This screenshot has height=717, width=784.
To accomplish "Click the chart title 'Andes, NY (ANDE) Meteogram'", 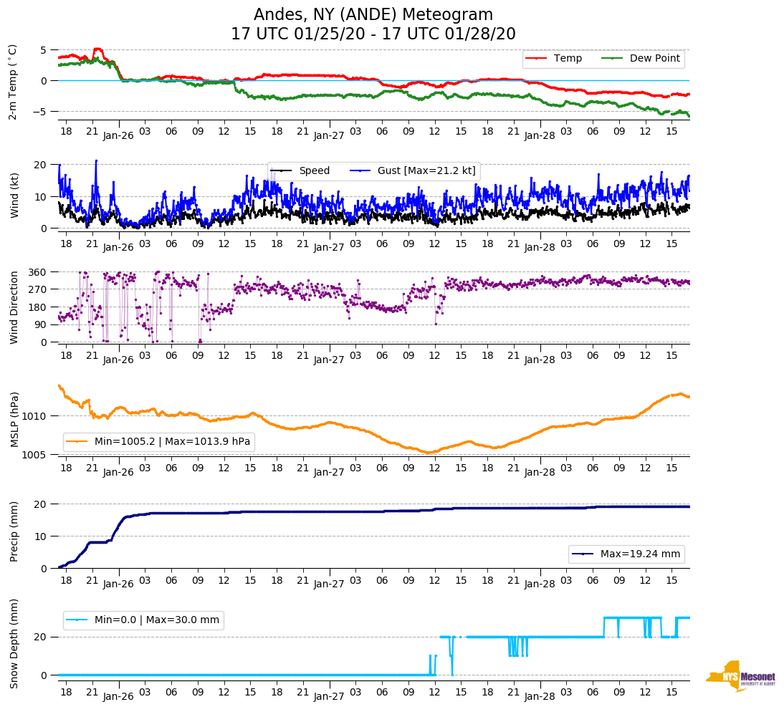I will pyautogui.click(x=373, y=14).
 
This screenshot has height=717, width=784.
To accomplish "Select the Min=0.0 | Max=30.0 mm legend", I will pyautogui.click(x=156, y=620).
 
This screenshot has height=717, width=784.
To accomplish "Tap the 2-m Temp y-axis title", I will pyautogui.click(x=12, y=81).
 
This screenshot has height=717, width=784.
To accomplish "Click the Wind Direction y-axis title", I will pyautogui.click(x=14, y=307).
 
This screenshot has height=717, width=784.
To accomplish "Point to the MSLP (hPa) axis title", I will pyautogui.click(x=14, y=420).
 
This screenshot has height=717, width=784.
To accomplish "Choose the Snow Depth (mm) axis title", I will pyautogui.click(x=14, y=643).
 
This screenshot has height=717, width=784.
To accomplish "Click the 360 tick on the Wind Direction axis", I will pyautogui.click(x=38, y=272).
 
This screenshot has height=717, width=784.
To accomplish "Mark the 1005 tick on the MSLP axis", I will pyautogui.click(x=36, y=455).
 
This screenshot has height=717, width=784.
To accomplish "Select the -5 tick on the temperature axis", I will pyautogui.click(x=42, y=111).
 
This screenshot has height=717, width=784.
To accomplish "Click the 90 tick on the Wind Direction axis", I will pyautogui.click(x=41, y=324).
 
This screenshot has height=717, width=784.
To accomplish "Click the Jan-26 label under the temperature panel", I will pyautogui.click(x=118, y=135).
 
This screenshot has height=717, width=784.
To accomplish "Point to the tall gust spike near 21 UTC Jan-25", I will pyautogui.click(x=96, y=161).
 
